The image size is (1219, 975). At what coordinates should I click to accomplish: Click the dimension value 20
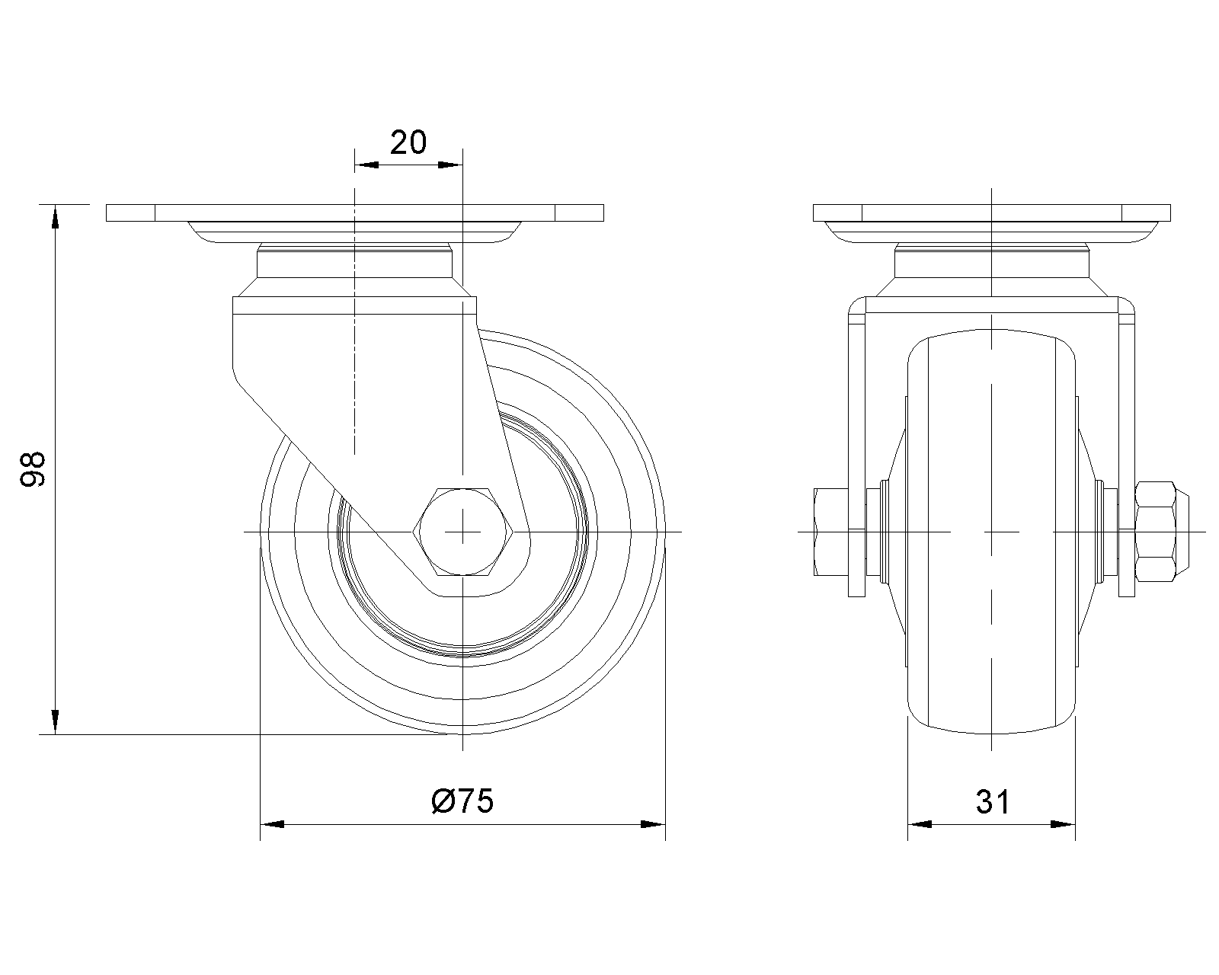click(x=408, y=142)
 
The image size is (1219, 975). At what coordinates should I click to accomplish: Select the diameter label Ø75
click(x=462, y=801)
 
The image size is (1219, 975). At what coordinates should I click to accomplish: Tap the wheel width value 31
click(x=992, y=801)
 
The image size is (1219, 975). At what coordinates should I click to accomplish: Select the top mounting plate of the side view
click(x=355, y=213)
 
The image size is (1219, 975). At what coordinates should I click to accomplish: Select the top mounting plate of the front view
click(x=991, y=213)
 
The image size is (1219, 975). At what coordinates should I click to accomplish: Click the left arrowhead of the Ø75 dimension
click(x=273, y=824)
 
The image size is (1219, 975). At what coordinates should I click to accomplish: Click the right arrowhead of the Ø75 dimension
click(x=653, y=824)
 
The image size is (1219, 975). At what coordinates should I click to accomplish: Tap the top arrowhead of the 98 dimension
click(x=55, y=218)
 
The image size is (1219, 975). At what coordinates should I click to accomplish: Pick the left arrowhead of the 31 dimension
click(x=920, y=824)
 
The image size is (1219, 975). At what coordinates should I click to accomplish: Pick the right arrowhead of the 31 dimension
click(x=1063, y=824)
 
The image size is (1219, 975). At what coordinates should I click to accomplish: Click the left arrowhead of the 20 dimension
click(x=367, y=164)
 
